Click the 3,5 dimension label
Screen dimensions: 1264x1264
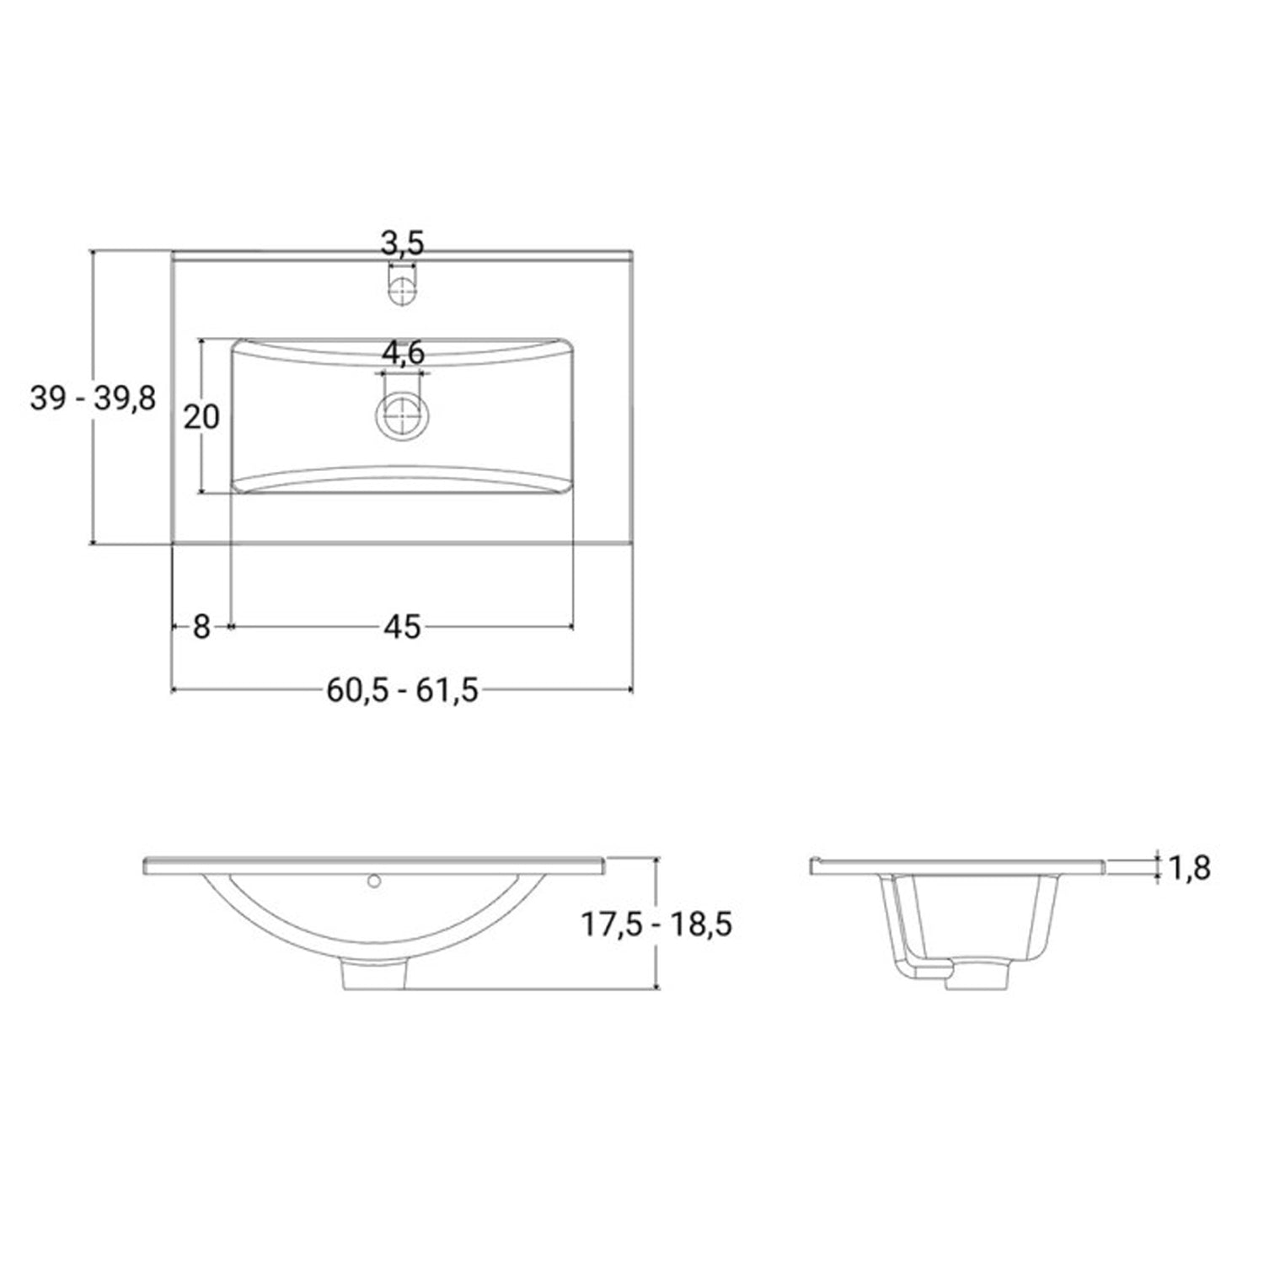click(x=402, y=244)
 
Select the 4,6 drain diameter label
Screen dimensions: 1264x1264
click(x=404, y=354)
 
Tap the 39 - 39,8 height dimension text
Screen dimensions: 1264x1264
click(x=93, y=398)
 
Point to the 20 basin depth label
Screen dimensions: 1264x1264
click(x=201, y=417)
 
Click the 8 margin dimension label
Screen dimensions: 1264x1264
click(x=201, y=627)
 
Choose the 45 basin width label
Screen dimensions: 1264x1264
click(x=402, y=627)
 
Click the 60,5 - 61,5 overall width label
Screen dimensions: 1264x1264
click(x=402, y=691)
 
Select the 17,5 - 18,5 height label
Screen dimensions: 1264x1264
click(x=656, y=924)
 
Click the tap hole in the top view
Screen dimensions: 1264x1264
click(x=402, y=287)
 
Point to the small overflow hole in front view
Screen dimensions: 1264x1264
click(x=374, y=881)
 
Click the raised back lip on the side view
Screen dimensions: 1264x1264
click(x=815, y=864)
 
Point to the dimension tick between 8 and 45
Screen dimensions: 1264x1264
click(x=229, y=627)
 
